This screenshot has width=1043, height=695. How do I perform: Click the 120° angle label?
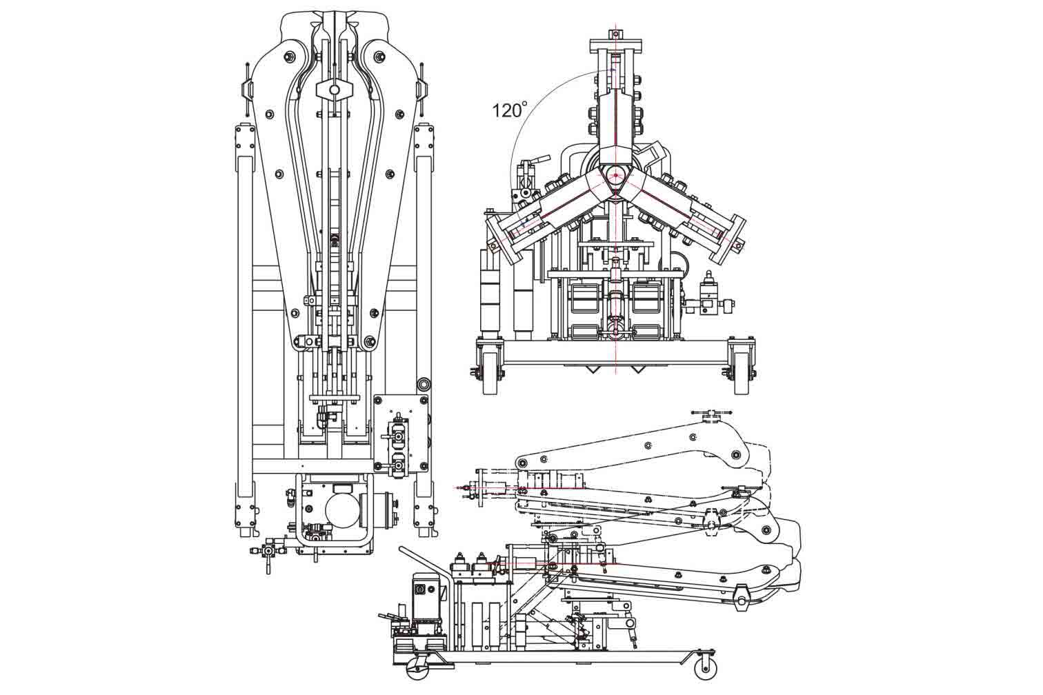click(510, 110)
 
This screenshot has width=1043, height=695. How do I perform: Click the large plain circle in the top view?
click(343, 511)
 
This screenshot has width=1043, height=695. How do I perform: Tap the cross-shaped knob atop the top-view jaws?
click(335, 90)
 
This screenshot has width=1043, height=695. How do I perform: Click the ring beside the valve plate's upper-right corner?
click(424, 383)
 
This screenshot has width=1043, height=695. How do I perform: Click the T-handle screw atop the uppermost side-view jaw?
click(711, 414)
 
